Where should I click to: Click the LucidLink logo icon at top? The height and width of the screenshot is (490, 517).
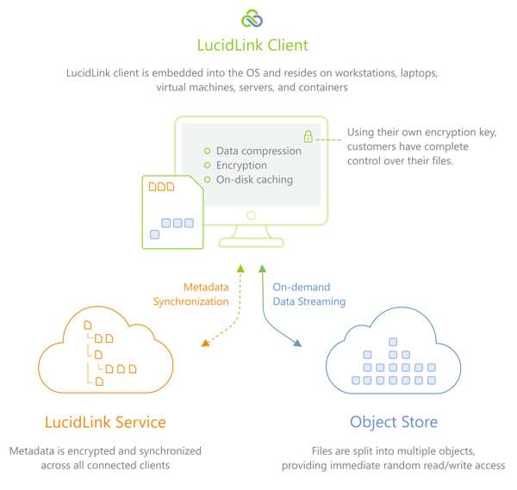(x=252, y=18)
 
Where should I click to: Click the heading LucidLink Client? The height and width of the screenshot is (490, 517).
(x=252, y=45)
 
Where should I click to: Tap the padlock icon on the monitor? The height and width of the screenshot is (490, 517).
(x=308, y=136)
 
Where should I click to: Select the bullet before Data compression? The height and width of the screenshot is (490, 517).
(x=207, y=151)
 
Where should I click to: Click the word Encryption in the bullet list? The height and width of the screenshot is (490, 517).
(x=241, y=165)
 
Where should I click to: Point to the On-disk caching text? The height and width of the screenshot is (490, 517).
(x=254, y=180)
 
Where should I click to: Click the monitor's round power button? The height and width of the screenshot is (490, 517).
(x=252, y=215)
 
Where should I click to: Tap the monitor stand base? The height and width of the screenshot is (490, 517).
(x=252, y=242)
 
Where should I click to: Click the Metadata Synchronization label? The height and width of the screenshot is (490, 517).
(x=191, y=295)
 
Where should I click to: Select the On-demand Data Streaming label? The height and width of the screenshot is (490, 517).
(x=309, y=295)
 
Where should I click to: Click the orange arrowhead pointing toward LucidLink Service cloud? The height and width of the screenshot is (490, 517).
(x=205, y=344)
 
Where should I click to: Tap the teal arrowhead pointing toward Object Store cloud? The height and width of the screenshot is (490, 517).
(x=297, y=344)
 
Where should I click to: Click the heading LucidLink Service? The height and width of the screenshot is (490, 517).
(x=105, y=422)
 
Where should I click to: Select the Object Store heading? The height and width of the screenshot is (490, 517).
(x=394, y=423)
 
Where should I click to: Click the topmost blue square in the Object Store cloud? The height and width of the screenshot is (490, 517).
(x=393, y=342)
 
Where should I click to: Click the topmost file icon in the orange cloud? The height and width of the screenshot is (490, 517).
(x=88, y=326)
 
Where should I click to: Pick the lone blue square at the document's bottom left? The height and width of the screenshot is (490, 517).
(x=154, y=234)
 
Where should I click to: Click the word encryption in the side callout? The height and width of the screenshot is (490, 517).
(x=451, y=133)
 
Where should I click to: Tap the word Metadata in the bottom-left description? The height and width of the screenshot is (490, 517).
(x=32, y=450)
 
